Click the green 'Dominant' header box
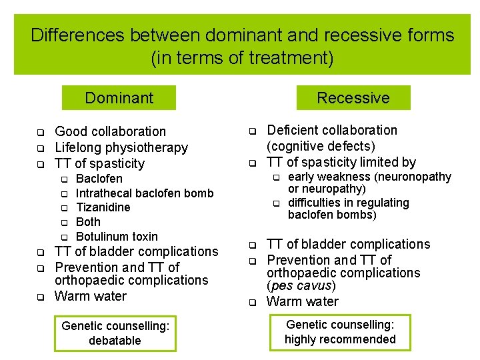(119, 98)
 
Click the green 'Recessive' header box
(353, 98)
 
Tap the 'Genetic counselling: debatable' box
(115, 333)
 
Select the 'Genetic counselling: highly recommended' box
(340, 332)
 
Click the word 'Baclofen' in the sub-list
(99, 179)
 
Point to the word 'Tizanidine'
(103, 207)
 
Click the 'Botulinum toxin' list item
(117, 237)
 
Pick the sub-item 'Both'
(88, 222)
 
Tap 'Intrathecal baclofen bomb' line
(145, 193)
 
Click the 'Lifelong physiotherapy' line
(121, 147)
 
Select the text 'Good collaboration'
(110, 131)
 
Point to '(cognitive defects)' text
(321, 146)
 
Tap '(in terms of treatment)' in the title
(242, 58)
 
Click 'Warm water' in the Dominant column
(90, 296)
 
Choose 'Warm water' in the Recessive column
(302, 301)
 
